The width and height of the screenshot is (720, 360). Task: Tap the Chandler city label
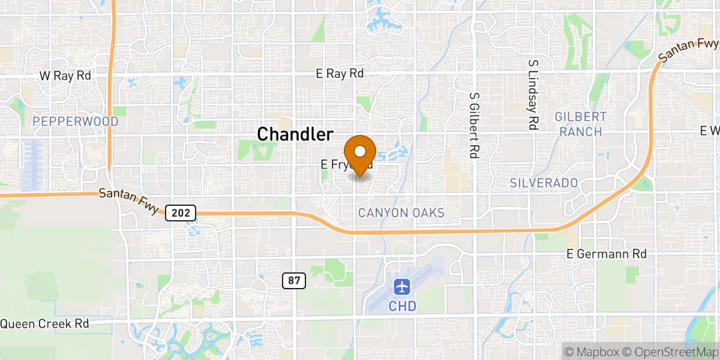295,134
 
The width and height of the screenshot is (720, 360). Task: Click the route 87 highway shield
293,280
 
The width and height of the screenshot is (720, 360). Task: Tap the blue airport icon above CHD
403,286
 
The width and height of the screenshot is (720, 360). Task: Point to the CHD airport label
403,306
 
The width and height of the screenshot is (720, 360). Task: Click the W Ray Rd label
65,76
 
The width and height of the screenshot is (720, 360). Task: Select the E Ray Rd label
340,74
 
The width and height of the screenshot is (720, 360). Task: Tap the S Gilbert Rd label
474,125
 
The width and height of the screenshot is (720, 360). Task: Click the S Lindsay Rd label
532,95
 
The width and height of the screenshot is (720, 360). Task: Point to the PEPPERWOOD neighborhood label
76,122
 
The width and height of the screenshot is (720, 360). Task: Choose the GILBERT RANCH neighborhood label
581,124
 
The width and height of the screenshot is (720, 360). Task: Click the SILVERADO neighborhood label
544,182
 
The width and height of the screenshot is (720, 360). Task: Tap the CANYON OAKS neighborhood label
401,213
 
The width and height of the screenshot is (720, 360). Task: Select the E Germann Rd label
607,254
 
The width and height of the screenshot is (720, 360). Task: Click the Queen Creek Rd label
44,323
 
